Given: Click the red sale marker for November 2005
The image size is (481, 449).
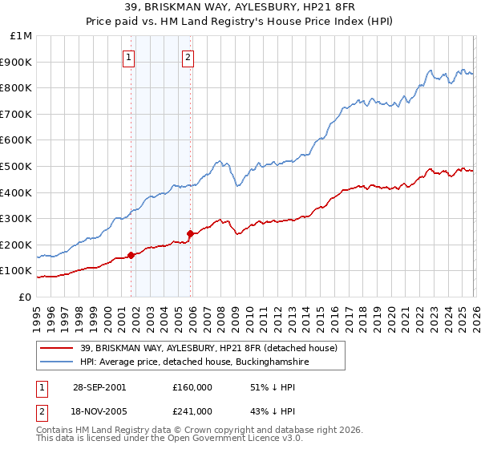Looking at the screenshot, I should (190, 234).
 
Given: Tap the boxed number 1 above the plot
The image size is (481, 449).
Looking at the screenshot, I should (129, 57).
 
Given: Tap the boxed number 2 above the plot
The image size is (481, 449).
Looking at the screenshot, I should (188, 57).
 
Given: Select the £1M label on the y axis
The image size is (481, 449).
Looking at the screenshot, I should (22, 36).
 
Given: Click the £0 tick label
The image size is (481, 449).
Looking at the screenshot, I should (26, 297).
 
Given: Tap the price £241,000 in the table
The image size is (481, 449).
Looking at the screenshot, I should (192, 411).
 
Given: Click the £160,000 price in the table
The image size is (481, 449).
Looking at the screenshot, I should (192, 386).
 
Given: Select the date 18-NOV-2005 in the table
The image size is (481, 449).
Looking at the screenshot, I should (99, 411).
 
